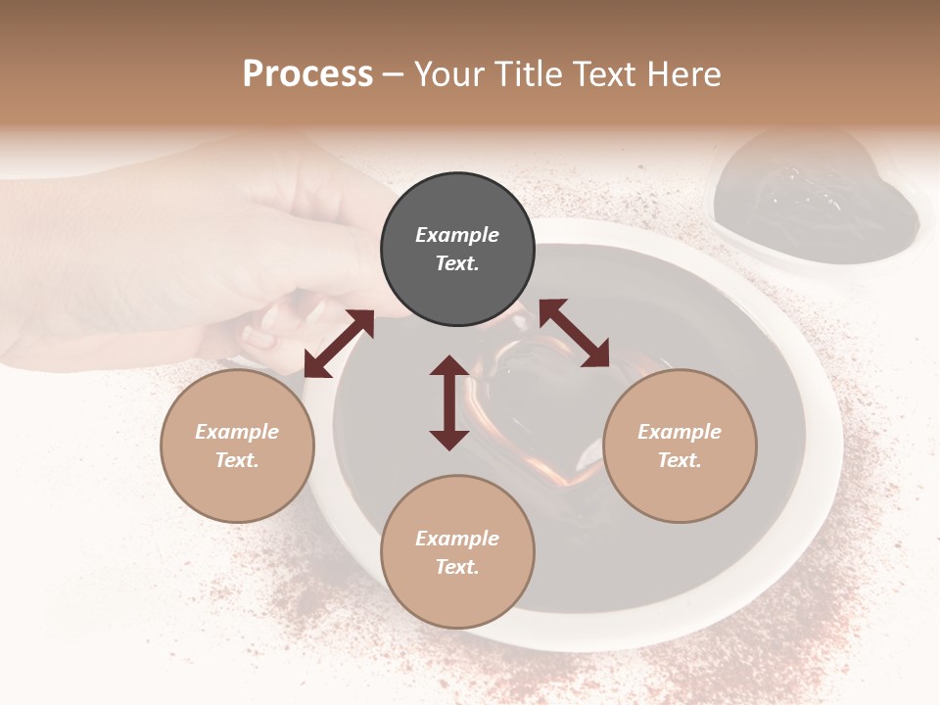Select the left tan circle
click(x=237, y=446)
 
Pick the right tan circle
click(x=680, y=446)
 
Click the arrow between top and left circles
click(x=339, y=344)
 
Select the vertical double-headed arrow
click(x=449, y=402)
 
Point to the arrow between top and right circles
click(x=574, y=333)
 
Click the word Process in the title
click(x=307, y=73)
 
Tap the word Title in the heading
click(x=525, y=73)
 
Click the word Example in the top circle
click(x=457, y=235)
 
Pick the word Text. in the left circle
click(x=237, y=460)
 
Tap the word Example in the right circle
click(x=680, y=432)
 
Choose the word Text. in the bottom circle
click(x=457, y=567)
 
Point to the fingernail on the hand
click(x=259, y=338)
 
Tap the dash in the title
click(x=394, y=74)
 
